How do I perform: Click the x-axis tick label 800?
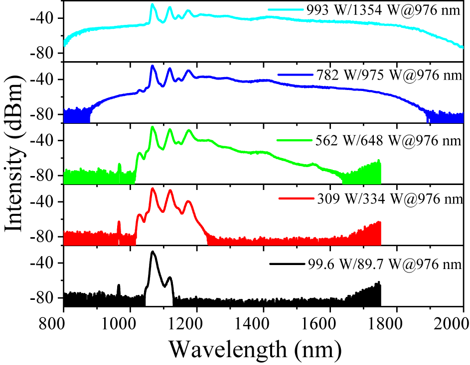click(63, 321)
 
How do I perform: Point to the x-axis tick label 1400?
click(263, 321)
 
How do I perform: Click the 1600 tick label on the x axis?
click(330, 321)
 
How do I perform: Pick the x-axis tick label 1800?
click(397, 321)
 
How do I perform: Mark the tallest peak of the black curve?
click(153, 252)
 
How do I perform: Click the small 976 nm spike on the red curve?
click(119, 222)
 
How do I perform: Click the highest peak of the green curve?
click(153, 127)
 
